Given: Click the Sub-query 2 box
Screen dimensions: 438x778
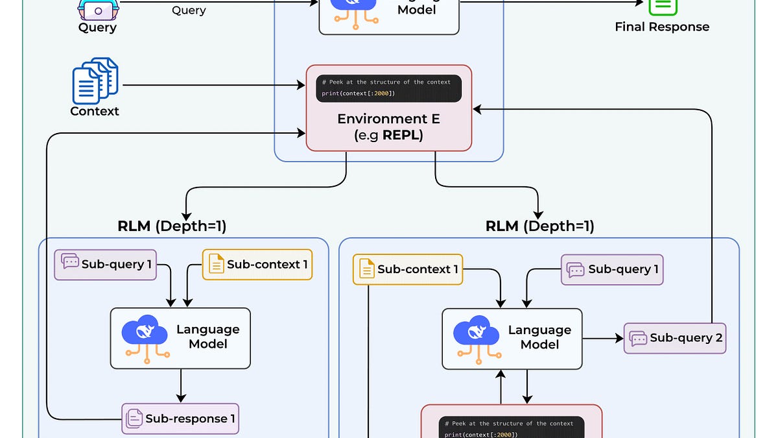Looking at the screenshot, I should pyautogui.click(x=675, y=338).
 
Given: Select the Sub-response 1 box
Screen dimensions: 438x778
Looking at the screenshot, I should pyautogui.click(x=180, y=419).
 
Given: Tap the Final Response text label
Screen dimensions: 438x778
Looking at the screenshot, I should pyautogui.click(x=662, y=27).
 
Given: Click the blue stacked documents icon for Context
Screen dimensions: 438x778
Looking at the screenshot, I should pyautogui.click(x=95, y=80).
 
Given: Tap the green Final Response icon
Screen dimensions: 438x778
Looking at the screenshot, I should pyautogui.click(x=663, y=6).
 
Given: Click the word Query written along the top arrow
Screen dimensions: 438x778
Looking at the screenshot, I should pyautogui.click(x=189, y=10).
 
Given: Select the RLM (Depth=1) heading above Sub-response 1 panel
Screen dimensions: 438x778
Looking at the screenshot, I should pyautogui.click(x=172, y=226).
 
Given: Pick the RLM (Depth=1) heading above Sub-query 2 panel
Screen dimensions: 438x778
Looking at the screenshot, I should pyautogui.click(x=539, y=226).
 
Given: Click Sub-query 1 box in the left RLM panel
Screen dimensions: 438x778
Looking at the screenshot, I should pyautogui.click(x=106, y=264).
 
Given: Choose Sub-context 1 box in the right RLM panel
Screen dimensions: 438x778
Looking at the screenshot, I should pyautogui.click(x=408, y=269).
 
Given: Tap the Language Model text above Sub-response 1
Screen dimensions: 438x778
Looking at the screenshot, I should pyautogui.click(x=207, y=337).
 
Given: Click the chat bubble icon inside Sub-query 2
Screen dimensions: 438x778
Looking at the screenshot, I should pyautogui.click(x=638, y=338).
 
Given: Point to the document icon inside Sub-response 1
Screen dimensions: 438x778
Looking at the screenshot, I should pyautogui.click(x=134, y=419).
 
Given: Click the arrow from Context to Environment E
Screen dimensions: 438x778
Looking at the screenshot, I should pyautogui.click(x=214, y=85).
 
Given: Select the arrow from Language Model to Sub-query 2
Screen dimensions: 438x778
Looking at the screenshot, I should pyautogui.click(x=603, y=338).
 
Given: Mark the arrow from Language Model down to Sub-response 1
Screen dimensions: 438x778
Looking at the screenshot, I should pyautogui.click(x=181, y=386).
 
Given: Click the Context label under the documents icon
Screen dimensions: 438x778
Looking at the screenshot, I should pyautogui.click(x=95, y=111).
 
